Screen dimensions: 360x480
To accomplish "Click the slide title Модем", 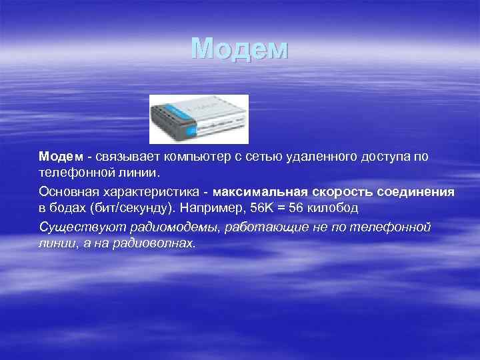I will (x=239, y=49).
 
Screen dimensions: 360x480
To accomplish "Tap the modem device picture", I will (x=199, y=119).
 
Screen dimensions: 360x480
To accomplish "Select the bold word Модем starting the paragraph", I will (x=61, y=157).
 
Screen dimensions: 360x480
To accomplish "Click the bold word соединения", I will (x=416, y=192).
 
